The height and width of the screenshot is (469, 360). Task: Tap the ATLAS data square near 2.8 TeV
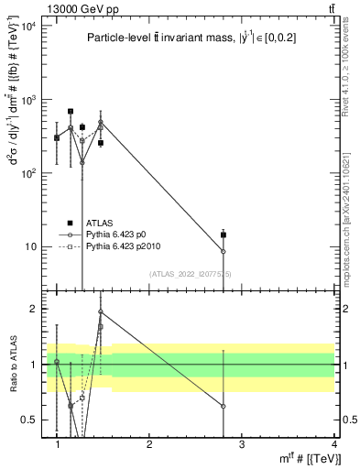(224, 234)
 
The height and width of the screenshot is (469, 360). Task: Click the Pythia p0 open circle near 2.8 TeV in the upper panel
(224, 252)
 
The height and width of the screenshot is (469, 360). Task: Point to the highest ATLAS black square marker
(71, 112)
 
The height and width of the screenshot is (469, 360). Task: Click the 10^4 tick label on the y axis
(28, 26)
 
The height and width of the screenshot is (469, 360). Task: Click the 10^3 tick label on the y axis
(28, 99)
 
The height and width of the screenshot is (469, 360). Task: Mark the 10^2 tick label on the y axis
(28, 173)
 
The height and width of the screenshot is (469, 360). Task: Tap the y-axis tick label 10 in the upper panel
(30, 246)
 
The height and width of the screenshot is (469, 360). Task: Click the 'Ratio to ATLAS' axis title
(12, 365)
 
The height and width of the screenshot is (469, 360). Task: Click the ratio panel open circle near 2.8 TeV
(224, 406)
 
